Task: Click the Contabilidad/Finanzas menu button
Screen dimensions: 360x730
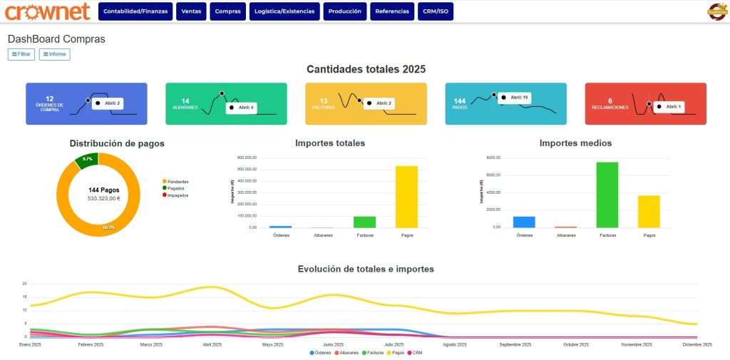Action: [x=135, y=11]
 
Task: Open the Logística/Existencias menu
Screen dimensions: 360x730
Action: [x=284, y=11]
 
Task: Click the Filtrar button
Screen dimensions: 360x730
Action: [x=21, y=54]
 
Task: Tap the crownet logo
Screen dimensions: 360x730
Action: [x=47, y=11]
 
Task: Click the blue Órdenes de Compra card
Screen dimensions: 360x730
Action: [x=86, y=103]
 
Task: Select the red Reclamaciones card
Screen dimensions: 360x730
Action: [x=645, y=103]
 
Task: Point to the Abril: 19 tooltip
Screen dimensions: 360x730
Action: [x=516, y=98]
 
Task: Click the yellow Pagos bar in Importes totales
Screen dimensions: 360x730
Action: [x=406, y=197]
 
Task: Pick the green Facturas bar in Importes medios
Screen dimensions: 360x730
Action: [x=607, y=195]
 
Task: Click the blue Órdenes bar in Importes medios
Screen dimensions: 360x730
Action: [x=524, y=222]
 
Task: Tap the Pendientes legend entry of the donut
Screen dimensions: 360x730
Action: [x=175, y=182]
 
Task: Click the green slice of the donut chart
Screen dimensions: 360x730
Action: [x=86, y=159]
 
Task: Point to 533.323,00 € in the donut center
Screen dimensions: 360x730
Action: [x=103, y=199]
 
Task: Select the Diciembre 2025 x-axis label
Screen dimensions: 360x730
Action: [x=696, y=344]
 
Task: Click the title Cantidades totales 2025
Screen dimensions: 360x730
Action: [x=366, y=69]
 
